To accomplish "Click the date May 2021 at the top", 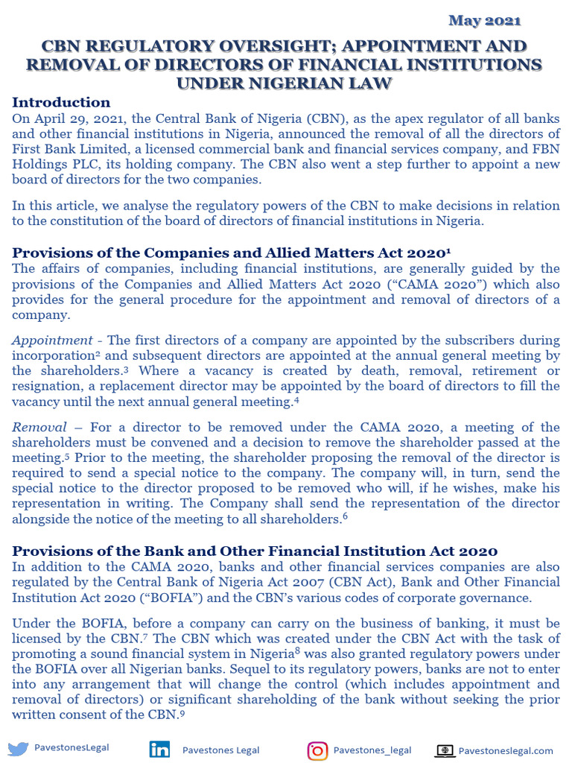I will pos(485,20).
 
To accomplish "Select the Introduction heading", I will pos(61,103).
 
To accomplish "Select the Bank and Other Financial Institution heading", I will pos(255,551).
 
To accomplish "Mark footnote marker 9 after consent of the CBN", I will pos(181,713).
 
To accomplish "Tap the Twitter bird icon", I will pos(18,750).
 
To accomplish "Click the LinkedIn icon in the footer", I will pos(159,750).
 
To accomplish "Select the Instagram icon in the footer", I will pos(317,750).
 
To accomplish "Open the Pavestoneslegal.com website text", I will pos(506,750).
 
